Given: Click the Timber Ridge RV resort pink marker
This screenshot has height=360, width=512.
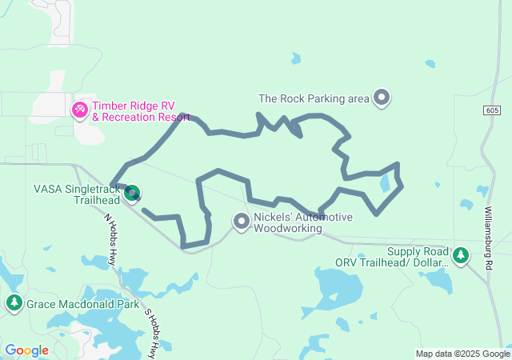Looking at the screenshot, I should (x=81, y=109).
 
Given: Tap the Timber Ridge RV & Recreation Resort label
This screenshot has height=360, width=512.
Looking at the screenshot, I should (x=141, y=111).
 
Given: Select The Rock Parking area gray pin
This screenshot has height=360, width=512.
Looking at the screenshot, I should (x=382, y=98).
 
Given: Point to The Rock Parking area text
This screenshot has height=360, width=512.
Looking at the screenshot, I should (x=314, y=99).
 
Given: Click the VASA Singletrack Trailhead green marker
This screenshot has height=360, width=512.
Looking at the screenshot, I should (x=133, y=192).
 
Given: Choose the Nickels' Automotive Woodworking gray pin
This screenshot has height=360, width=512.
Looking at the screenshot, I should (x=241, y=220).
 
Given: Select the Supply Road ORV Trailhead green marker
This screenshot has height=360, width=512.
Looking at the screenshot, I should (x=460, y=255).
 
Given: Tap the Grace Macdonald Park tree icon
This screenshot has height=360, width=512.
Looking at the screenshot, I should (x=14, y=302).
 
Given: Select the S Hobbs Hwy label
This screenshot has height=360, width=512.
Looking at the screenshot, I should (x=151, y=327).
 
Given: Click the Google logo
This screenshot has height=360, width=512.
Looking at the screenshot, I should (x=26, y=350).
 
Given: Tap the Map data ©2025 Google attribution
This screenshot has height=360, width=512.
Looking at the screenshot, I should (x=462, y=354).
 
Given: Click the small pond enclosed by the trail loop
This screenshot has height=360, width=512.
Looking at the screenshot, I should (x=386, y=183).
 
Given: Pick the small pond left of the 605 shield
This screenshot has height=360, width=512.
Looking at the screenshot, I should (x=430, y=64).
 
